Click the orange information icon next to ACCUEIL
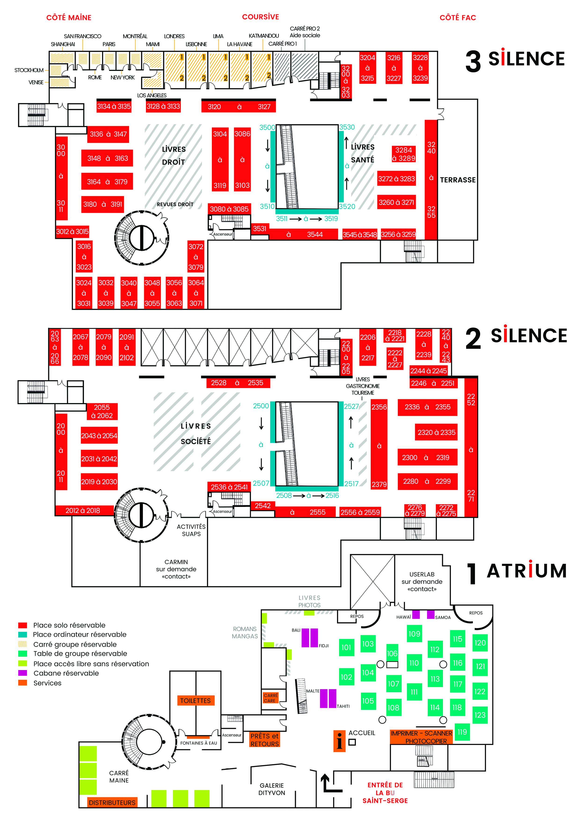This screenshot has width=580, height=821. pos(339,741)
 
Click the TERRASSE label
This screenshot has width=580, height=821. pos(457,180)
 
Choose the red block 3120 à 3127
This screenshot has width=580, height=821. pos(239,106)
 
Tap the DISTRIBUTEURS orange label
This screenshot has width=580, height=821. pos(112,803)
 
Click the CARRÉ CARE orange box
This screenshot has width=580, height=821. pos(271,698)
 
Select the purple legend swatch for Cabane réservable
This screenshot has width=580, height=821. pos(22,673)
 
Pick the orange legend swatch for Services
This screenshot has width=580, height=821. pos(22,683)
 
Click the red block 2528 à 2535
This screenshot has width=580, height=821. pos(237,383)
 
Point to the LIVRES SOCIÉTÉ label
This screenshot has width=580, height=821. pos(196,433)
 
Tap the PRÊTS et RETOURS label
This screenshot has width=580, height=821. pos(265,740)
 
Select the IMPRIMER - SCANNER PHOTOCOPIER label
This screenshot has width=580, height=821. pos(421,737)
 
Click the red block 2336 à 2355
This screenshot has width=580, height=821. pos(428,407)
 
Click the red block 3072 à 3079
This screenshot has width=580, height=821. pos(196,257)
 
